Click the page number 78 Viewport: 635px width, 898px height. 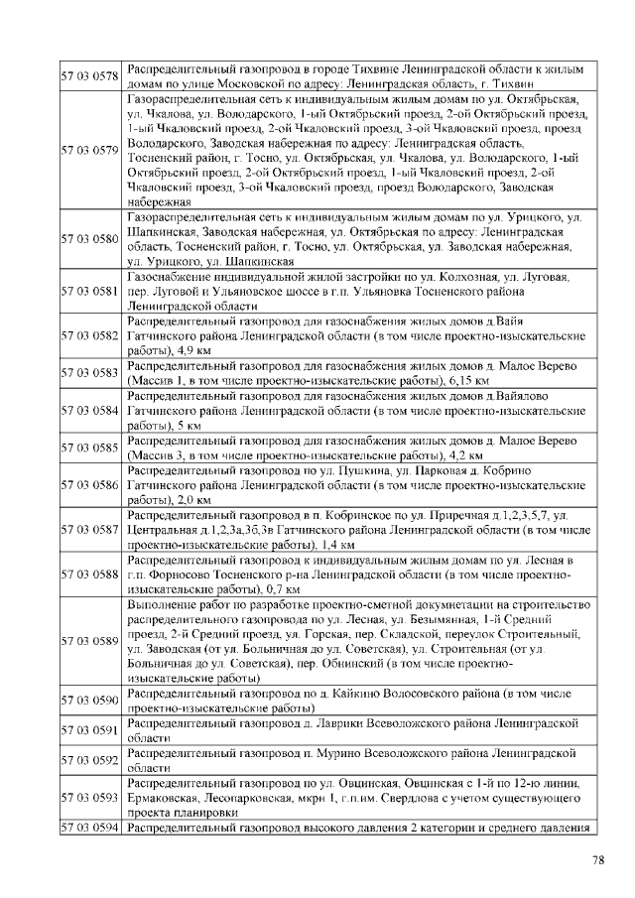click(x=598, y=859)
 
